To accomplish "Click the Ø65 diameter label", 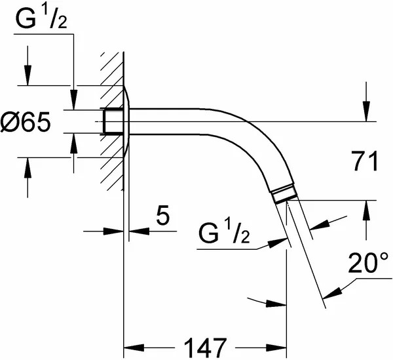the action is [25, 122].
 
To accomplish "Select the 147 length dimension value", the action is [205, 348].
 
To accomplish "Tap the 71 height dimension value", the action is [365, 161].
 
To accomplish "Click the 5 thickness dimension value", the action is [163, 214].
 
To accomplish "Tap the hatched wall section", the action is [112, 121].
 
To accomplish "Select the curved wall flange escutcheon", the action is [126, 122].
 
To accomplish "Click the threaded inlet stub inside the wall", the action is [112, 121].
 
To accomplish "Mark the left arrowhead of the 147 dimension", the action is [134, 348].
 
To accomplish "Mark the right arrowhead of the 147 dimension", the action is [276, 348].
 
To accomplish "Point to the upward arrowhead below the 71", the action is [366, 210].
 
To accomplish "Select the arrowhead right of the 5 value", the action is [139, 231].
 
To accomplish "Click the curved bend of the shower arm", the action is [261, 140].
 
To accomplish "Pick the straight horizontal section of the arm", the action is [168, 122].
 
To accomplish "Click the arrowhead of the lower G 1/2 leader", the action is [278, 243].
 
